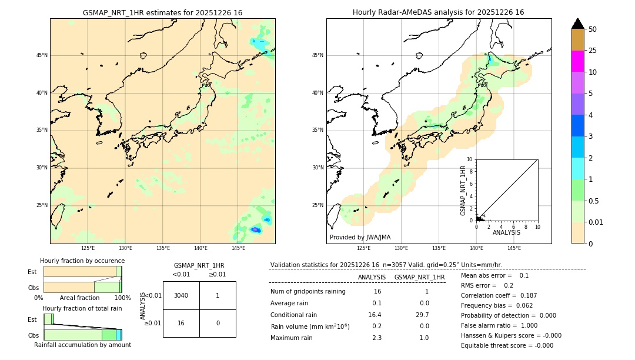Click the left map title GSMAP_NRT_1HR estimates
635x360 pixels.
click(x=162, y=12)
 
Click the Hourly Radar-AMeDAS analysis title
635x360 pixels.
click(x=439, y=12)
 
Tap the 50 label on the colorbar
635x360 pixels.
click(x=593, y=29)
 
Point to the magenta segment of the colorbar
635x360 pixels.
click(x=577, y=61)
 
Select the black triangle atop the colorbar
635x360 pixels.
click(x=578, y=24)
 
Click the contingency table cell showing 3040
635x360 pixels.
click(x=181, y=295)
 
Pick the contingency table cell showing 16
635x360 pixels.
click(x=181, y=323)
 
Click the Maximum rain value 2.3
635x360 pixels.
click(x=376, y=338)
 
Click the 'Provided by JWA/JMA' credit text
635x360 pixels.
click(x=360, y=238)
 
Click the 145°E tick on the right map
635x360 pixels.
click(x=514, y=248)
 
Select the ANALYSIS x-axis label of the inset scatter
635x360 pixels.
click(x=506, y=232)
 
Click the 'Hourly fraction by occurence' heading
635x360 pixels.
click(x=82, y=261)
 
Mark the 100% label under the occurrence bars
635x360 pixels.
click(x=122, y=298)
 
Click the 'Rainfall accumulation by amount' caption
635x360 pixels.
click(x=82, y=345)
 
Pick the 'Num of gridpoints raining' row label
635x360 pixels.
click(x=308, y=292)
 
